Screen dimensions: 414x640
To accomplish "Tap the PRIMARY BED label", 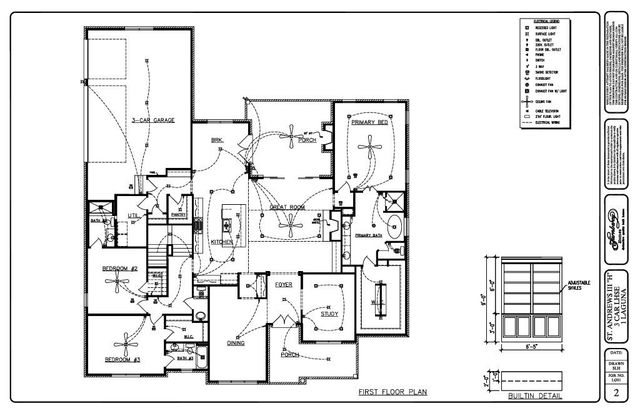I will tap(370, 123).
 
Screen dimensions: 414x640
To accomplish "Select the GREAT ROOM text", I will tap(286, 207).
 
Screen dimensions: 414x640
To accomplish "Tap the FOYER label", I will tap(284, 286).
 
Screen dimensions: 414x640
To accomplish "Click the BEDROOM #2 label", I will tap(120, 270).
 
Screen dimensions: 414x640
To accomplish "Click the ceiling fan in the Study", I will tap(327, 297).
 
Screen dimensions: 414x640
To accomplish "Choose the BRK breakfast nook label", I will tap(216, 141).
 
